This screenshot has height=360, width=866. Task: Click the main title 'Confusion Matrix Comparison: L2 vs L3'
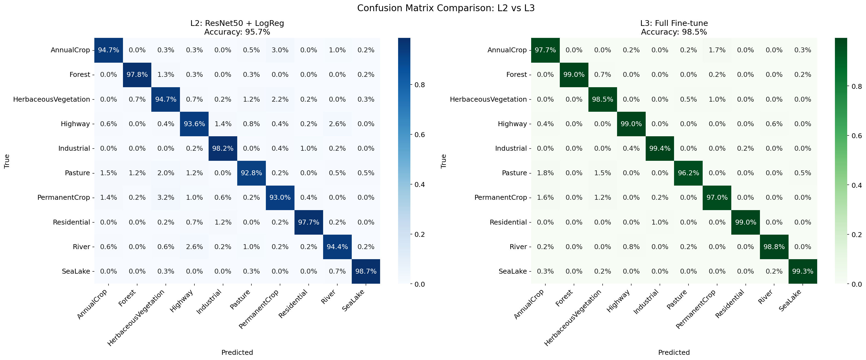[446, 8]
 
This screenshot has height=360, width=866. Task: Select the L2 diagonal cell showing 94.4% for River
[337, 247]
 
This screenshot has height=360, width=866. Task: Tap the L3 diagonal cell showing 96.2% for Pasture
[688, 173]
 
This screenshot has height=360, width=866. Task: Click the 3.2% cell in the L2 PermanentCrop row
[166, 198]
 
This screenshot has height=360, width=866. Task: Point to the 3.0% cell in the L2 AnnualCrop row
[280, 50]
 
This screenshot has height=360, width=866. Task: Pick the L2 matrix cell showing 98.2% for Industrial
[223, 149]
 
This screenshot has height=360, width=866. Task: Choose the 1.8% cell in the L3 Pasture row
[545, 173]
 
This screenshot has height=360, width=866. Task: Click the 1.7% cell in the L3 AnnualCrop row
[717, 50]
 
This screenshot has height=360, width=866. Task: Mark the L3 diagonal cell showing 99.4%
[660, 149]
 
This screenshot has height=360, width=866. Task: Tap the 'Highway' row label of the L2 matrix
[75, 124]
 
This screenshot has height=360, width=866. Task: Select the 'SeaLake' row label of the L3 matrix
[513, 271]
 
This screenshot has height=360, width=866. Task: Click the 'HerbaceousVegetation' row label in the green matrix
[488, 99]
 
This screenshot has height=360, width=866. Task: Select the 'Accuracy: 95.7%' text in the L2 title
[237, 32]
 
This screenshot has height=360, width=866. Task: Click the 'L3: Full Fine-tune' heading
[674, 23]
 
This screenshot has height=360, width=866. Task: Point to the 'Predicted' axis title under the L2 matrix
[237, 352]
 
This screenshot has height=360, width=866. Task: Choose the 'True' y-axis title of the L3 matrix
[443, 161]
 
